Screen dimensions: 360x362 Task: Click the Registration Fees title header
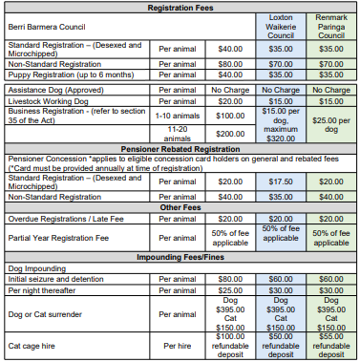pyautogui.click(x=180, y=7)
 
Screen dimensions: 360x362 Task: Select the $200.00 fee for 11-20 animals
pyautogui.click(x=229, y=134)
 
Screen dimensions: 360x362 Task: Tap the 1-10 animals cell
pyautogui.click(x=179, y=114)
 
